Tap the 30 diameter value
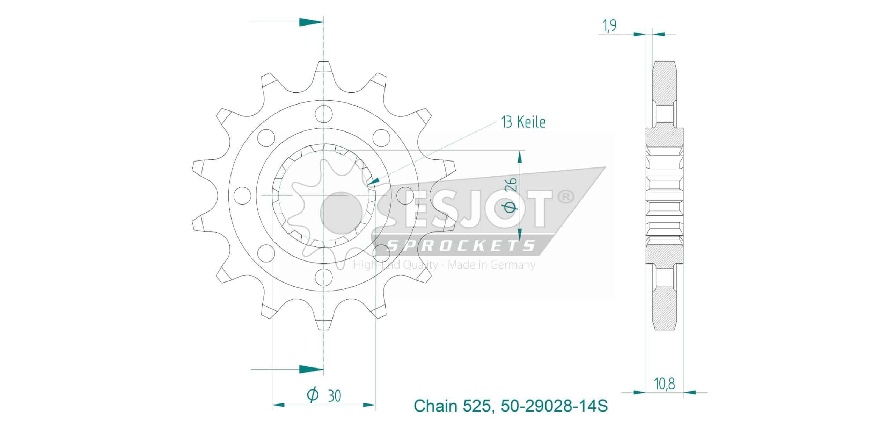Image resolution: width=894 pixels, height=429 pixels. (335, 396)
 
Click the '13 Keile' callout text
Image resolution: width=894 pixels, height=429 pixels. (523, 122)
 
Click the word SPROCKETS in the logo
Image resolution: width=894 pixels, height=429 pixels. (461, 246)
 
